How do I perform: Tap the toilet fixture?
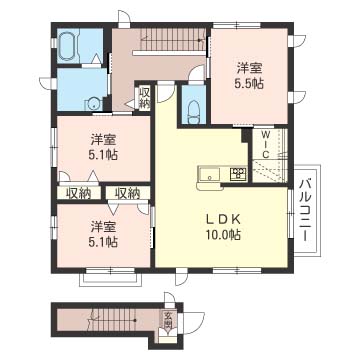click(x=194, y=113)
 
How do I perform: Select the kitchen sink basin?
click(x=209, y=174)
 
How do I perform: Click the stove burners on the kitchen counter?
click(x=239, y=173)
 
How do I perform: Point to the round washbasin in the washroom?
click(x=94, y=105)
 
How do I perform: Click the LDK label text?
click(x=223, y=220)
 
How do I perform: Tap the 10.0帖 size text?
click(x=223, y=236)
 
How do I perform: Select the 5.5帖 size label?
click(x=249, y=84)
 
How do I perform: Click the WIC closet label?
click(x=266, y=145)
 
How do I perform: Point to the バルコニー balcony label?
click(x=306, y=210)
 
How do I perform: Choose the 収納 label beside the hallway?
click(x=145, y=97)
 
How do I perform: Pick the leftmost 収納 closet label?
click(x=79, y=194)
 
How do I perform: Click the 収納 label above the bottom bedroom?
click(x=128, y=193)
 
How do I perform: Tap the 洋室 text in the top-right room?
click(x=249, y=69)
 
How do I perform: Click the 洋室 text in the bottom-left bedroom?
click(x=104, y=227)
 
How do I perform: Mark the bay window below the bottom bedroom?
click(x=110, y=277)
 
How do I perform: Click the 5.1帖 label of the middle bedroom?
click(x=104, y=155)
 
